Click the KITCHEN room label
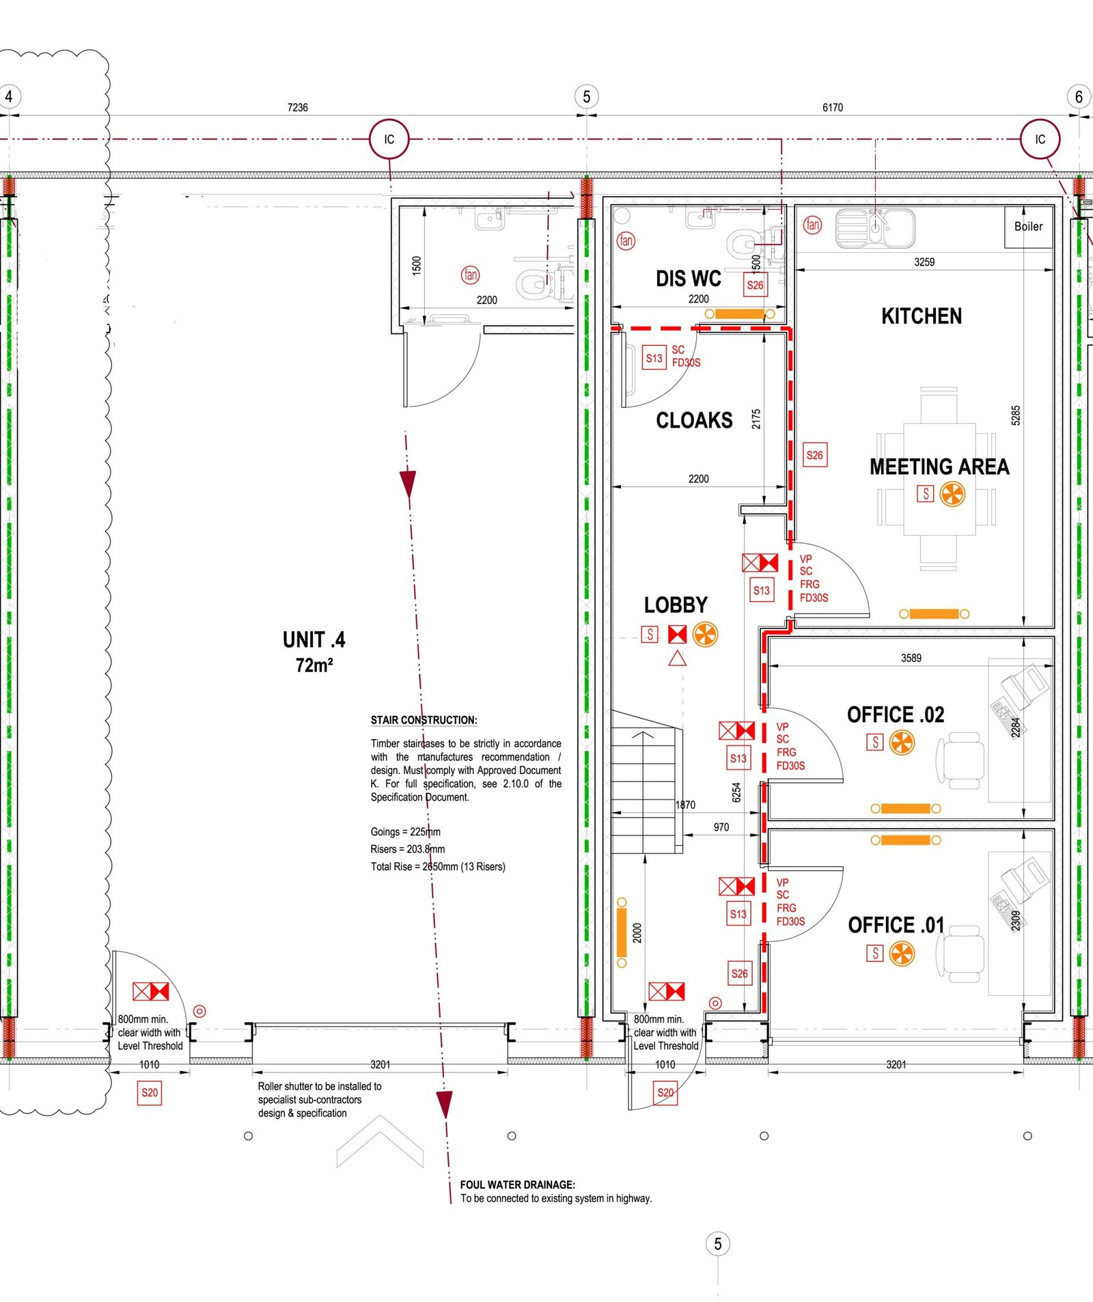pyautogui.click(x=922, y=316)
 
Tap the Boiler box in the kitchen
pyautogui.click(x=1028, y=227)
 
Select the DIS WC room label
pyautogui.click(x=689, y=279)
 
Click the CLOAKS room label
pyautogui.click(x=694, y=420)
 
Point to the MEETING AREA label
pyautogui.click(x=939, y=467)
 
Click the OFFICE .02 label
pyautogui.click(x=896, y=715)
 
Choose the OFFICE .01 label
pyautogui.click(x=896, y=925)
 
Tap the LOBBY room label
pyautogui.click(x=676, y=605)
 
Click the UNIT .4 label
pyautogui.click(x=314, y=640)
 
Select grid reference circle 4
pyautogui.click(x=9, y=96)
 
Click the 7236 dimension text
pyautogui.click(x=298, y=107)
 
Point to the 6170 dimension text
pyautogui.click(x=833, y=107)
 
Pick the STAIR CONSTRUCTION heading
pyautogui.click(x=424, y=720)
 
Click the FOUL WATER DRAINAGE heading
pyautogui.click(x=518, y=1185)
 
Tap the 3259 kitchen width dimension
pyautogui.click(x=924, y=262)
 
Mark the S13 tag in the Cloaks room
pyautogui.click(x=654, y=358)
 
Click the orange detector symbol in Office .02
pyautogui.click(x=902, y=743)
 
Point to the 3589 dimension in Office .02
pyautogui.click(x=911, y=658)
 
